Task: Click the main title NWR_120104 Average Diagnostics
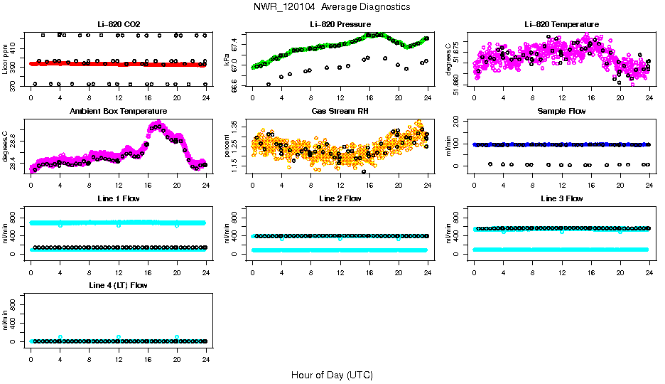pyautogui.click(x=331, y=7)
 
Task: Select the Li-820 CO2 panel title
pyautogui.click(x=118, y=24)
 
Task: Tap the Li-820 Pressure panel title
pyautogui.click(x=340, y=24)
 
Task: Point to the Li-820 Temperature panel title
pyautogui.click(x=561, y=24)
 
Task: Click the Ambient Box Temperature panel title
pyautogui.click(x=118, y=112)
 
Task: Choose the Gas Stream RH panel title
pyautogui.click(x=340, y=112)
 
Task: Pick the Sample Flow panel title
pyautogui.click(x=561, y=112)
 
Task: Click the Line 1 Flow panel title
pyautogui.click(x=118, y=198)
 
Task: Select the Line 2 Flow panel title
pyautogui.click(x=340, y=198)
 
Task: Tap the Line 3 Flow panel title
pyautogui.click(x=561, y=198)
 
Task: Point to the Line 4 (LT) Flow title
pyautogui.click(x=118, y=285)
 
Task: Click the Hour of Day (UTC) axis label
pyautogui.click(x=332, y=375)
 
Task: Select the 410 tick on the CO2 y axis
pyautogui.click(x=15, y=44)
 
